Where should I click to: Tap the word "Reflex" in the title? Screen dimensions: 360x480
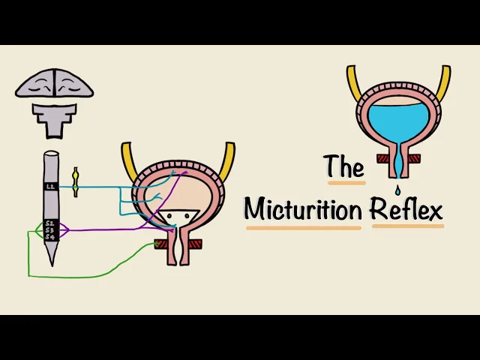pyautogui.click(x=407, y=208)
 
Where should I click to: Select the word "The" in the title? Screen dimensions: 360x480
pyautogui.click(x=343, y=166)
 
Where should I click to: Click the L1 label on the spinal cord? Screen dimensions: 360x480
pyautogui.click(x=51, y=186)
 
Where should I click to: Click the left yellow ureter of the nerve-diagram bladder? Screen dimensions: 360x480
pyautogui.click(x=128, y=162)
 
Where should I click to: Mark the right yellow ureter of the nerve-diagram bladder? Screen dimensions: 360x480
pyautogui.click(x=226, y=160)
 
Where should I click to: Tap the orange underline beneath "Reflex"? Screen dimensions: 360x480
pyautogui.click(x=407, y=225)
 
